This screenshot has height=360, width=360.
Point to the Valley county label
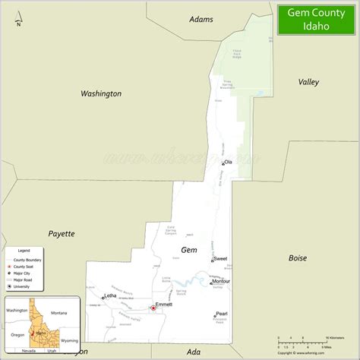(308, 81)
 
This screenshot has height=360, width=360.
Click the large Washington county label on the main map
(101, 93)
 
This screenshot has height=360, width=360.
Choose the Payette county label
(62, 233)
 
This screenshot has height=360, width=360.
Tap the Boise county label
(298, 257)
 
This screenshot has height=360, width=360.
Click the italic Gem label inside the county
(188, 249)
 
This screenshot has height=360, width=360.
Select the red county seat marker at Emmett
(153, 308)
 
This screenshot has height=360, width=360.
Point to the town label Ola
(227, 162)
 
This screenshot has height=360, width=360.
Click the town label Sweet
(220, 259)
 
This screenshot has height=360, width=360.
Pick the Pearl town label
(221, 314)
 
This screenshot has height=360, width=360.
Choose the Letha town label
(110, 295)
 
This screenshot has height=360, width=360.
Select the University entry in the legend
(23, 286)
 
